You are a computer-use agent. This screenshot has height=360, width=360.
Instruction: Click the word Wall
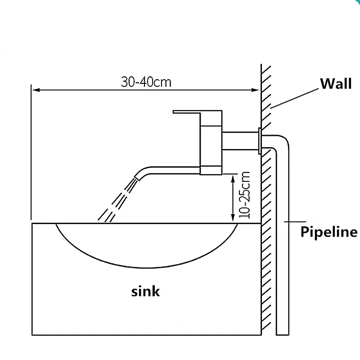pos(335,84)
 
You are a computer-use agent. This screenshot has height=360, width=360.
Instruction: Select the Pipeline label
pos(328,232)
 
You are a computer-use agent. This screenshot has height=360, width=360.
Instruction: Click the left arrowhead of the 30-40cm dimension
pos(34,90)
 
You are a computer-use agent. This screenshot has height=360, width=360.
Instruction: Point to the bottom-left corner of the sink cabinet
pos(33,334)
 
